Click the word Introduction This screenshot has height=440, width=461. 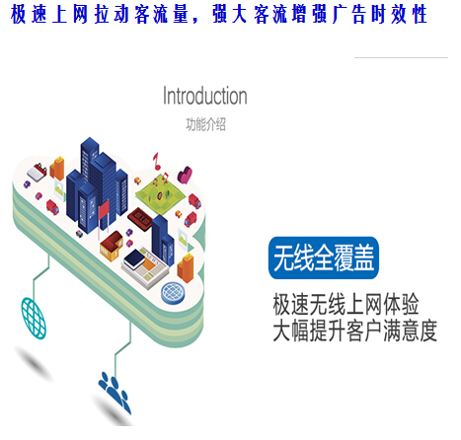tap(205, 96)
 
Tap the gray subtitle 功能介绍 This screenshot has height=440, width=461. tap(206, 124)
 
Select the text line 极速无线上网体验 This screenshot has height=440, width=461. tap(346, 305)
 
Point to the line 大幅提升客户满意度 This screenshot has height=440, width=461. tap(354, 330)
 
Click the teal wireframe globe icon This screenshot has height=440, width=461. tap(34, 318)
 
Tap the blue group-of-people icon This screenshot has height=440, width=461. tap(115, 393)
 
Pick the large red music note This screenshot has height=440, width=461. tap(156, 161)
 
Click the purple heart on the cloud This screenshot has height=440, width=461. tap(185, 175)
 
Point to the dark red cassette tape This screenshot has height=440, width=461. tap(140, 219)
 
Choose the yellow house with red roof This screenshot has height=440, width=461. tap(112, 246)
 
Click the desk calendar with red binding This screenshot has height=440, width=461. tap(37, 173)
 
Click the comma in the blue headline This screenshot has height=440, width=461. tap(195, 21)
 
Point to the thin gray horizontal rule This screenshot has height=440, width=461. tap(401, 57)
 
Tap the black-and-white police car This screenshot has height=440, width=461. tap(79, 233)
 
